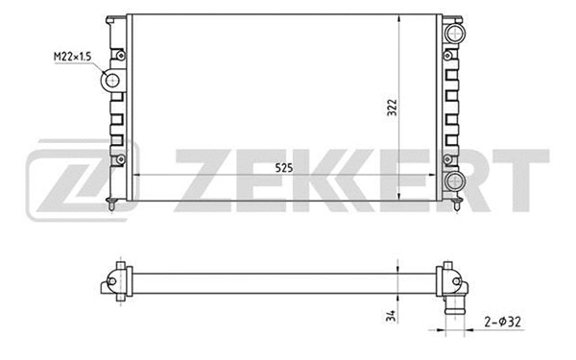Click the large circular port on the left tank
pyautogui.click(x=113, y=81)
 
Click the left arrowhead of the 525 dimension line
pyautogui.click(x=133, y=176)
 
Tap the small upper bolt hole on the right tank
pyautogui.click(x=447, y=55)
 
